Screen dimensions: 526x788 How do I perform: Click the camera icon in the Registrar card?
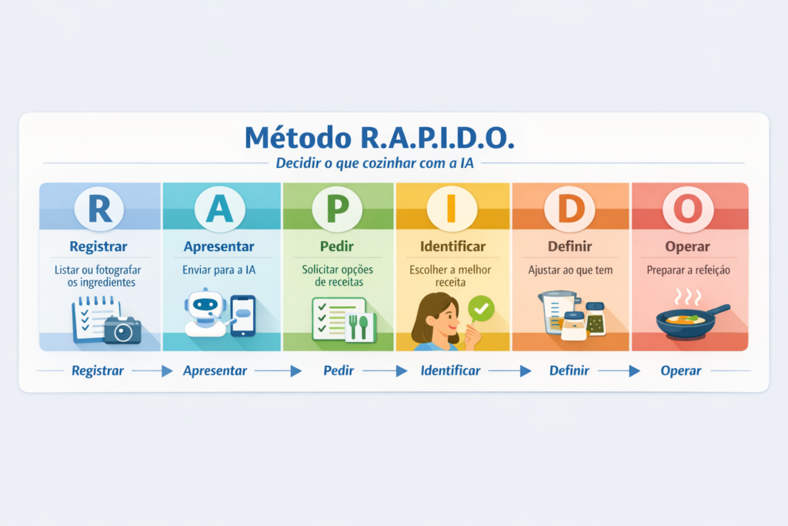tap(122, 330)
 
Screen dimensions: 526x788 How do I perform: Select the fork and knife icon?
tap(358, 327)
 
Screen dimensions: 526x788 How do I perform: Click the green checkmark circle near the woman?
tap(481, 310)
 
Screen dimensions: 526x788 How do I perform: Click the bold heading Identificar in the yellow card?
tap(452, 247)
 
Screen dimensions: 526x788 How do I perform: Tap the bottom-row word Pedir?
tap(339, 370)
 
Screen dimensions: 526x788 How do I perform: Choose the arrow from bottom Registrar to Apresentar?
tap(152, 371)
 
